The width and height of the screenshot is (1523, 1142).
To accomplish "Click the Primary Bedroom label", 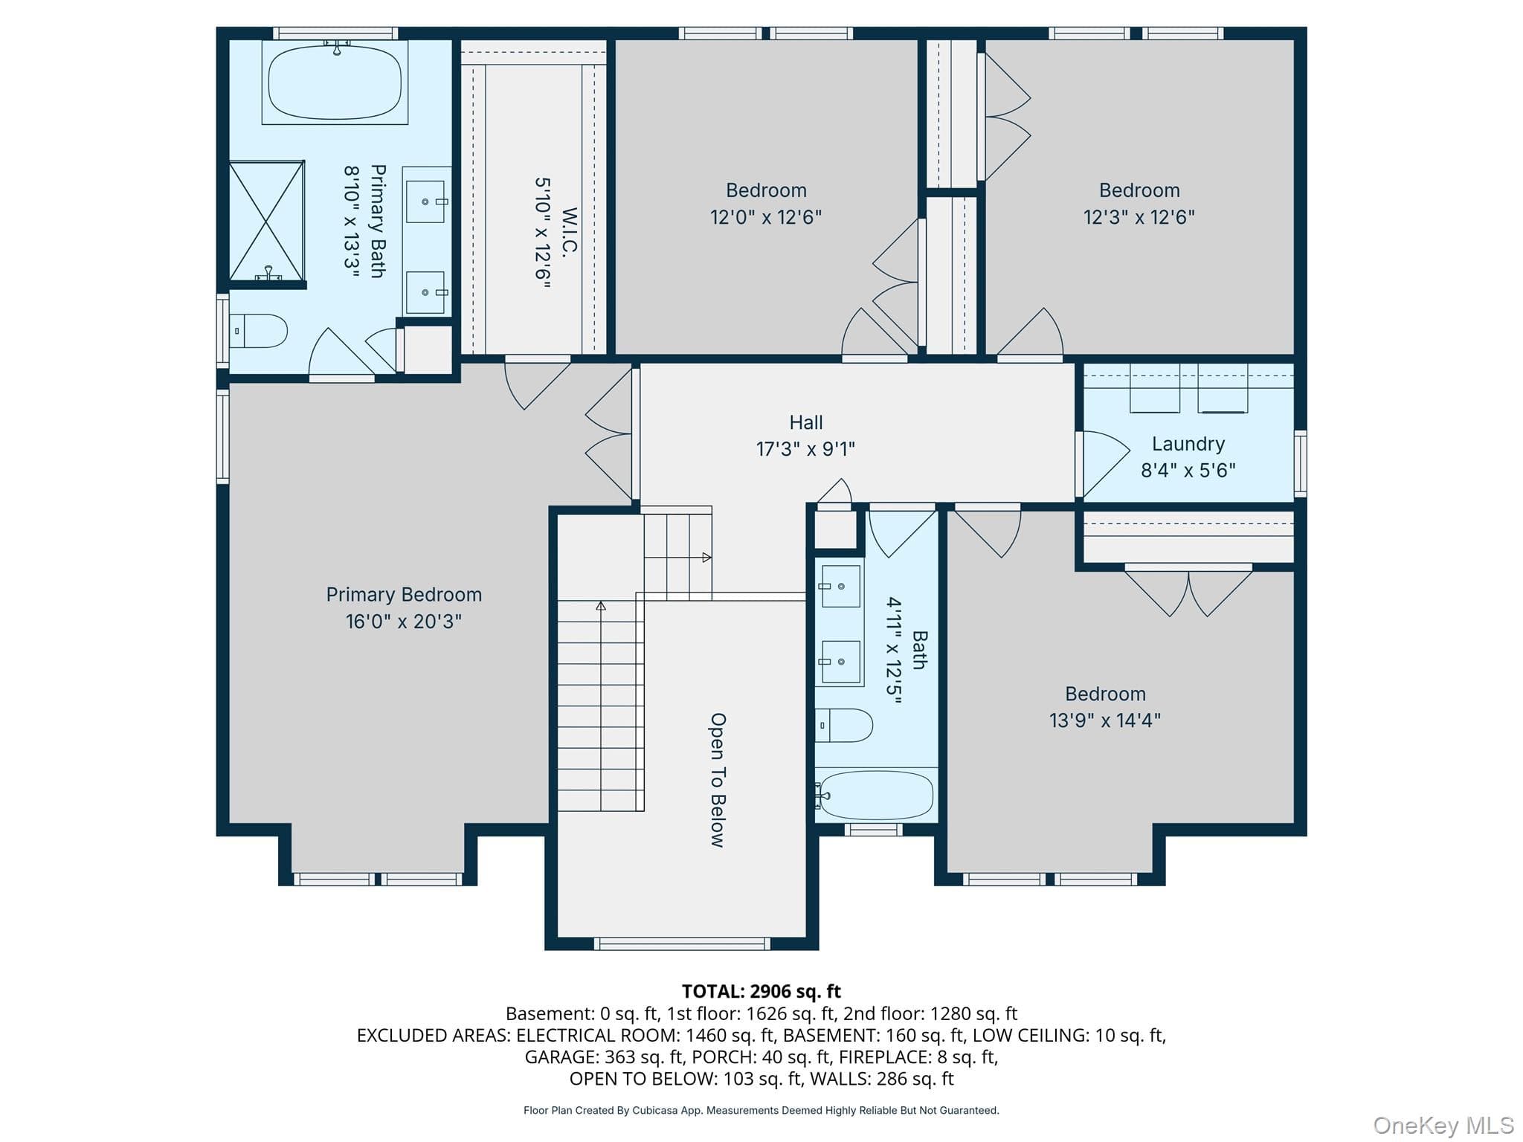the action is tap(404, 595).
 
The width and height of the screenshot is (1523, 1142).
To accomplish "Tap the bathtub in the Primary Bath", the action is tap(335, 81).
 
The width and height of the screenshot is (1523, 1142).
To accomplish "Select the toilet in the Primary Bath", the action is tap(258, 331).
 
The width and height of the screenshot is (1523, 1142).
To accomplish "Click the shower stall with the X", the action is tap(267, 221).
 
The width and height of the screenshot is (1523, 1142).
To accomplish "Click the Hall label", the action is tap(806, 422).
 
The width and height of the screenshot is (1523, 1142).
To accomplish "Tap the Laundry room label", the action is tap(1188, 444).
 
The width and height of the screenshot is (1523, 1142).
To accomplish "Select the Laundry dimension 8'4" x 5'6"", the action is tap(1188, 470).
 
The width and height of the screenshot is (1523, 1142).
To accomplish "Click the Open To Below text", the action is tap(718, 780).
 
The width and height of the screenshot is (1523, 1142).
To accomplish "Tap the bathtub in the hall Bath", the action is tap(875, 795).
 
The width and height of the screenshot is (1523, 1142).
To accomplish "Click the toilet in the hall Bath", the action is tap(844, 725).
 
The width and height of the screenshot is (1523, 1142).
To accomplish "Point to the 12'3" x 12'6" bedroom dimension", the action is tap(1139, 217).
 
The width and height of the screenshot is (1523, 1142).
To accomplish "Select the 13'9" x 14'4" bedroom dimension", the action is tap(1105, 720).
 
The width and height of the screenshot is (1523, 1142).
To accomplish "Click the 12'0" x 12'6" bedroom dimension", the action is tap(766, 217).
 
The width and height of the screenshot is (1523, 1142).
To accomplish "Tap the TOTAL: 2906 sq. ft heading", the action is tap(761, 991).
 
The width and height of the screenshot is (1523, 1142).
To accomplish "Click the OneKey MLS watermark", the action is tap(1443, 1126).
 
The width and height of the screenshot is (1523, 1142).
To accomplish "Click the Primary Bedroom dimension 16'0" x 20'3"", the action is tap(404, 622).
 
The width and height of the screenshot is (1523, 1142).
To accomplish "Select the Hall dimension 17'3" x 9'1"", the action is tap(806, 449).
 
